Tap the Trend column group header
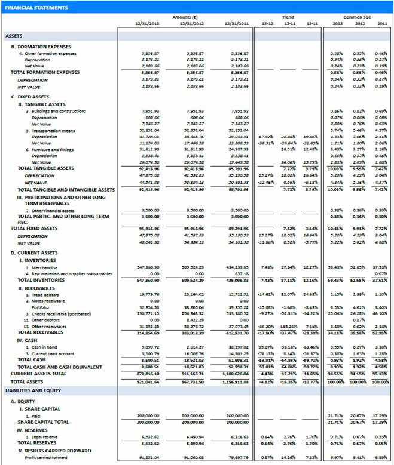(x=288, y=17)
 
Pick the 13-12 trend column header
(x=267, y=23)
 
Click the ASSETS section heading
(x=14, y=36)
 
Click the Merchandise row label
(x=41, y=267)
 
